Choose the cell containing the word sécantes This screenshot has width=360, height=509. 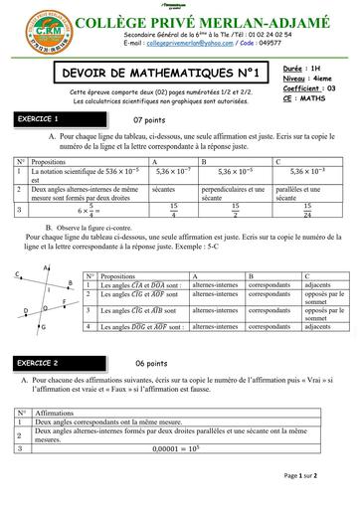click(x=164, y=188)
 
